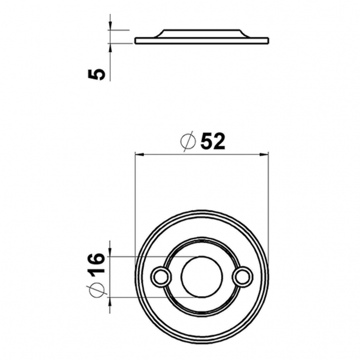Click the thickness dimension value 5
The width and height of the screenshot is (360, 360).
(x=99, y=74)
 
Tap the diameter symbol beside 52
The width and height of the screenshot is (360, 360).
(x=188, y=142)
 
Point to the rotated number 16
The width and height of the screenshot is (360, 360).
(x=98, y=263)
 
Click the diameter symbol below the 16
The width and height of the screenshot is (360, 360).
(x=99, y=290)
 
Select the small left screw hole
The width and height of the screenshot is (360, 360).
(x=160, y=276)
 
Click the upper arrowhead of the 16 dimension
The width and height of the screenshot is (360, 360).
(x=111, y=252)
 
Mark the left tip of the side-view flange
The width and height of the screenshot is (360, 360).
(x=136, y=40)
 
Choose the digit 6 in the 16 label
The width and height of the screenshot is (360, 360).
(x=98, y=258)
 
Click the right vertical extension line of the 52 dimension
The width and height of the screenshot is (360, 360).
(x=269, y=207)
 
